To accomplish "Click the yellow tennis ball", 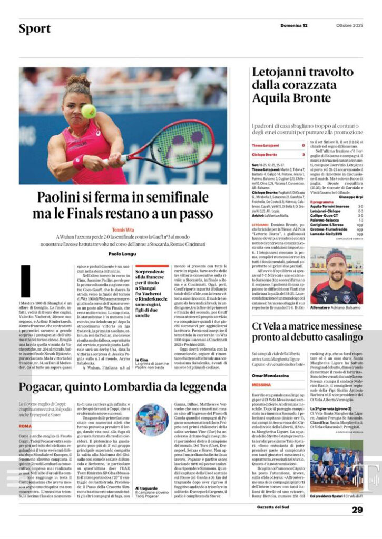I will [x=89, y=111].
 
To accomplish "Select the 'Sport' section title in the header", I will [x=35, y=28].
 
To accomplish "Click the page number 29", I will [x=357, y=510].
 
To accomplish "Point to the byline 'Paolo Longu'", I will [x=123, y=253].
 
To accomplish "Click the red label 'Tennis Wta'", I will [x=123, y=230].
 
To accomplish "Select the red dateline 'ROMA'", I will [x=25, y=426].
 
